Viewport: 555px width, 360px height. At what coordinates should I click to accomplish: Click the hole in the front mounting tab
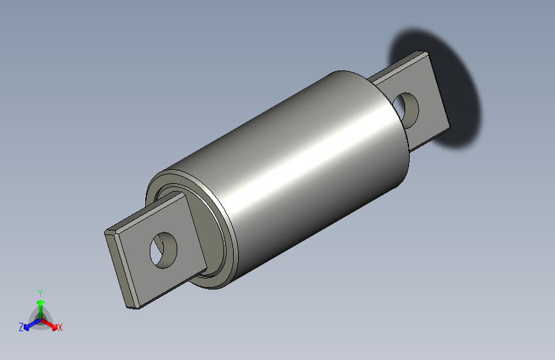point(164,249)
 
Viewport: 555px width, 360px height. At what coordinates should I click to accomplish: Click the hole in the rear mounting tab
point(407,108)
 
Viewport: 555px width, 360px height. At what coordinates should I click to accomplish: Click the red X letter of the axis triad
point(60,328)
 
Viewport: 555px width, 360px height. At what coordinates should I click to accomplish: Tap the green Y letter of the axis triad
point(40,291)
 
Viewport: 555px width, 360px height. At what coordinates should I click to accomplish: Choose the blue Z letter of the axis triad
point(21,327)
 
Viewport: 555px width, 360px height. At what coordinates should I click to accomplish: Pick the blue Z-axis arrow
point(29,325)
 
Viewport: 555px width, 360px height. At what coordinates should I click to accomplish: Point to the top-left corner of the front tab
point(106,231)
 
